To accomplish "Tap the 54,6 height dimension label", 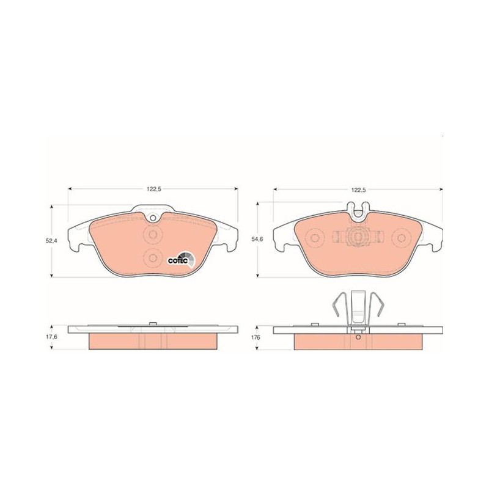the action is [257, 239].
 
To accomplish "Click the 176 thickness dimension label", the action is [257, 337].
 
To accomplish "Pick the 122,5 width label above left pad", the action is [153, 189].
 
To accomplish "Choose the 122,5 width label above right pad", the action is [358, 189].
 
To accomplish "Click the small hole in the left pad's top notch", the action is [153, 218].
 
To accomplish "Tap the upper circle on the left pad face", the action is [153, 234].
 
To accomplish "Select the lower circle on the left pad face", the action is [153, 257].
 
